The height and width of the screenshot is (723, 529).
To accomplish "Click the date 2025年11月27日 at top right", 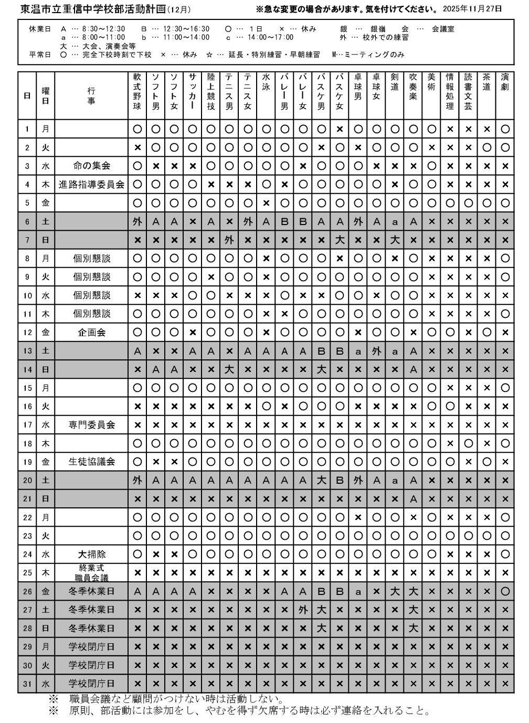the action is point(472,8).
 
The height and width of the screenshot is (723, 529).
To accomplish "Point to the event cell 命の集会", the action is point(91,166).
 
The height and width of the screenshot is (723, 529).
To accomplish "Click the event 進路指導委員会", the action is point(91,185).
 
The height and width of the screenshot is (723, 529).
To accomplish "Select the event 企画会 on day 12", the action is point(91,332).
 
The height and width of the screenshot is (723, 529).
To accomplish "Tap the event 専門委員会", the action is point(91,424).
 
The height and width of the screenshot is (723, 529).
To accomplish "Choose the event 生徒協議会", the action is point(91,462).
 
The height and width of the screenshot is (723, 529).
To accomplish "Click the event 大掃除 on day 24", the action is point(91,554).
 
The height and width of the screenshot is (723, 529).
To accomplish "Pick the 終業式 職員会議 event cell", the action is point(91,572).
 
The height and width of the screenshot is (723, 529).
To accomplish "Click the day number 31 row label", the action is point(27,684).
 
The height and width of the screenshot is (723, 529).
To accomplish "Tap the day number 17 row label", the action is point(27,424).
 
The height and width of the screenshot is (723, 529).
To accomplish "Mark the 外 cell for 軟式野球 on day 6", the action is point(137,221).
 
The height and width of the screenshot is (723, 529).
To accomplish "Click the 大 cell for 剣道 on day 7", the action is point(395,240).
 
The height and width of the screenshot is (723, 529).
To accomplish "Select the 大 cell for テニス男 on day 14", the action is point(229,369).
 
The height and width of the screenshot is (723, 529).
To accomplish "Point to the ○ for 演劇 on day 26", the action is point(505,591).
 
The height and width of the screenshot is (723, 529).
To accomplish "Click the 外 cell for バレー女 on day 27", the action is point(303,610).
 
